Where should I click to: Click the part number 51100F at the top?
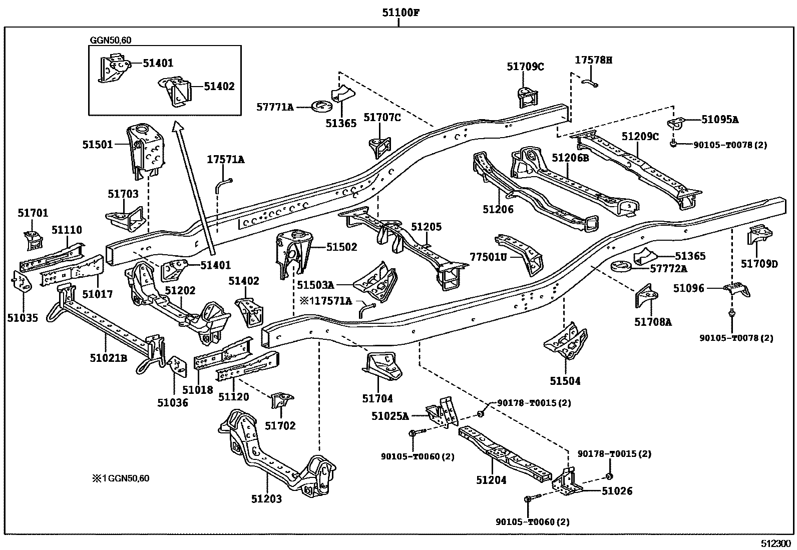pos(401,13)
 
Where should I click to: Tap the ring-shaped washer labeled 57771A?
pos(321,106)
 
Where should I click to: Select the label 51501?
pos(98,145)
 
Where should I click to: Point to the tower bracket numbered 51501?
pos(146,151)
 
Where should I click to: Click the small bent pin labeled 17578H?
pos(590,83)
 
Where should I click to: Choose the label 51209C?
pos(640,136)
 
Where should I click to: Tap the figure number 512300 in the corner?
pos(778,543)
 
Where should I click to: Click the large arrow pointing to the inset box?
pos(195,188)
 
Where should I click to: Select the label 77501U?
pos(488,257)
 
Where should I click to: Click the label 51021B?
pos(109,358)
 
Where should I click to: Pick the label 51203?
pos(266,499)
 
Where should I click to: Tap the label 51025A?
pos(390,416)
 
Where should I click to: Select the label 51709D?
pos(759,264)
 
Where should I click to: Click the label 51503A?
pos(315,285)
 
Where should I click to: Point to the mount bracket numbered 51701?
pos(33,240)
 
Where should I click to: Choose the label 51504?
pos(565,381)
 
